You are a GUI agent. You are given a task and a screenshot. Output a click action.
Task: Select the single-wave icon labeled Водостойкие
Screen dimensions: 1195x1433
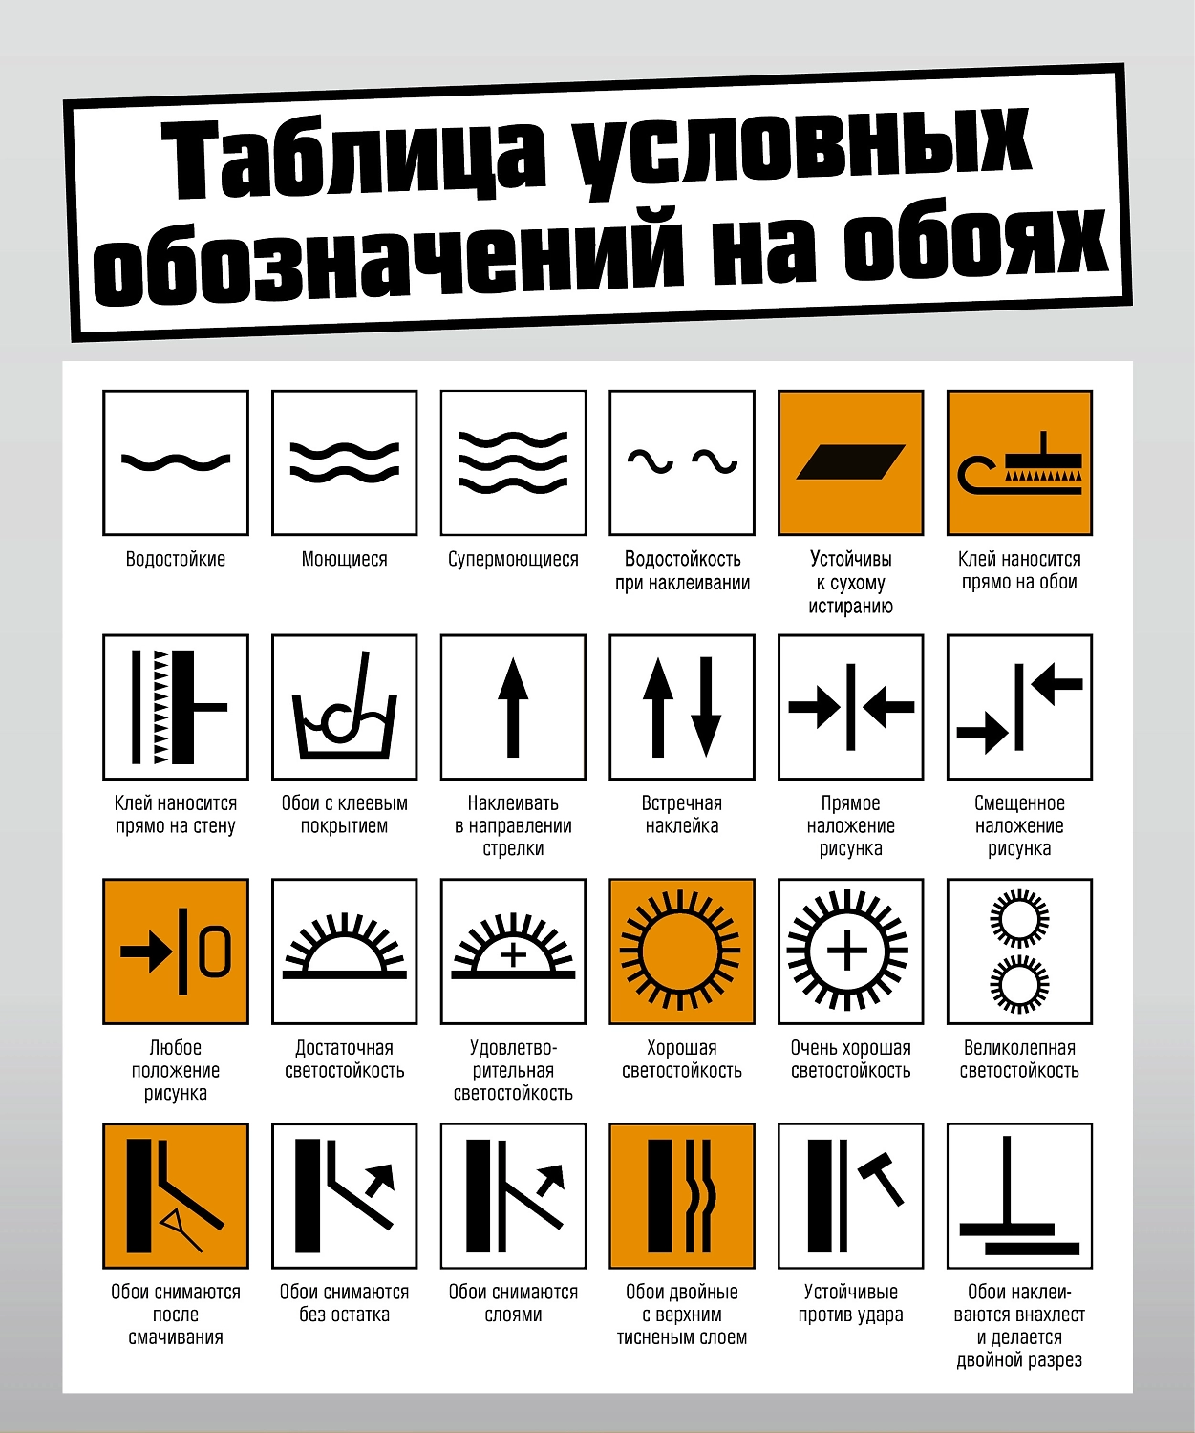click(x=176, y=462)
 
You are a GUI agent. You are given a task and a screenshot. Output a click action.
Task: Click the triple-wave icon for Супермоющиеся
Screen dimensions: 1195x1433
click(x=513, y=462)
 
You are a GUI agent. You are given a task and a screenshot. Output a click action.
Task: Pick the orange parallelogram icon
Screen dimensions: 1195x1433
click(x=850, y=462)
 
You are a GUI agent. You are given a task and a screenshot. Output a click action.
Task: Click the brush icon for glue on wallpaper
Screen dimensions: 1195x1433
click(x=1019, y=462)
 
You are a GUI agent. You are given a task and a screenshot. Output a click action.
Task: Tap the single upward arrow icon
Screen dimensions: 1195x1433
click(x=513, y=707)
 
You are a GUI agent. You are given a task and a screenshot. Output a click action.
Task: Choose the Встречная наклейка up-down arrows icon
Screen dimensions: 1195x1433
click(x=682, y=707)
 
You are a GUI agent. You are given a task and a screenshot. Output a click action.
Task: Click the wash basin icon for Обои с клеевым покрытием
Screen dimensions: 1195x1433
click(x=345, y=707)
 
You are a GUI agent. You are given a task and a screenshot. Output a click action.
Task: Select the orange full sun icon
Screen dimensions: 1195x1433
click(x=682, y=952)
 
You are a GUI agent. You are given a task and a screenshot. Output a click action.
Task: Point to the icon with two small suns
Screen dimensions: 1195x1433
click(x=1019, y=952)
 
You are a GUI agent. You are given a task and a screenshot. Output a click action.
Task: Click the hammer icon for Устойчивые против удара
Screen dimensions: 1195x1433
click(x=850, y=1195)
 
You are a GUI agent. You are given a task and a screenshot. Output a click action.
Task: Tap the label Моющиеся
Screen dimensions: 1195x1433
click(x=345, y=559)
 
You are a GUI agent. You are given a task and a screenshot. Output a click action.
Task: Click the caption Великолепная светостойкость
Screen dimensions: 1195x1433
click(x=1019, y=1059)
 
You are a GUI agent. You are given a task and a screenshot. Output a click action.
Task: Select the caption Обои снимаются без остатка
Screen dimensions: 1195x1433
click(x=345, y=1303)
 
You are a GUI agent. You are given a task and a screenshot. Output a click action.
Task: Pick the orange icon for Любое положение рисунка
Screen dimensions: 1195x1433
click(x=176, y=952)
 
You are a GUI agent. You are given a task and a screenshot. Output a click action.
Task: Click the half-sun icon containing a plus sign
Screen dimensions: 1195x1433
click(x=513, y=952)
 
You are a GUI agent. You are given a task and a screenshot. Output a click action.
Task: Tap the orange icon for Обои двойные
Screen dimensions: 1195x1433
click(x=682, y=1195)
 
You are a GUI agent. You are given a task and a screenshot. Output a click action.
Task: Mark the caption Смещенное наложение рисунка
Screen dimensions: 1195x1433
click(x=1019, y=825)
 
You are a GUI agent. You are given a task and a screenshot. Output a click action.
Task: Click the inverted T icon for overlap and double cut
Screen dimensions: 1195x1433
click(x=1019, y=1195)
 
